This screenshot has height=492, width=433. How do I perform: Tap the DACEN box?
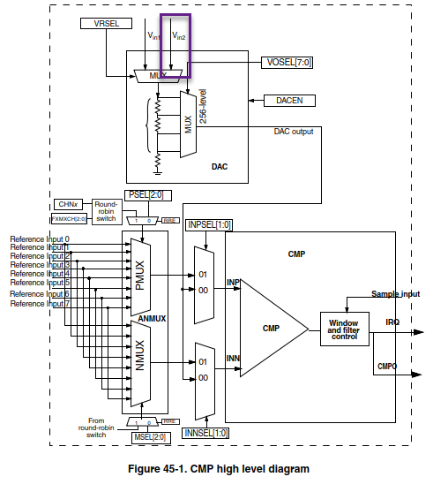click(x=288, y=101)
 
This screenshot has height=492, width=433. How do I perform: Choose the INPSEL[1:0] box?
click(x=210, y=225)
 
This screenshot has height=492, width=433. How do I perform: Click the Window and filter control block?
click(x=344, y=329)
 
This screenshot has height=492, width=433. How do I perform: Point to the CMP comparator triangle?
click(x=270, y=329)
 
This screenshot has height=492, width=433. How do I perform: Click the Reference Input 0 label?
click(x=40, y=239)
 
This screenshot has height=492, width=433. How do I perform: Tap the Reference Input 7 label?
click(x=40, y=304)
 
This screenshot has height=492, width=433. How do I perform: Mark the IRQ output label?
click(x=392, y=322)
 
